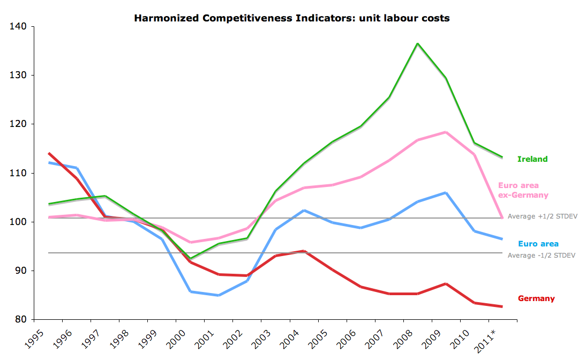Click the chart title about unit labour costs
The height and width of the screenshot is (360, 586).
[291, 18]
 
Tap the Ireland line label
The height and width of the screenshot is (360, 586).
[532, 159]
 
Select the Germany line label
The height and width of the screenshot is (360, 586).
[536, 298]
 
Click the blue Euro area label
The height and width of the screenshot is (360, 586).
[538, 244]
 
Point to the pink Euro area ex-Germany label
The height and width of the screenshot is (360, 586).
[523, 190]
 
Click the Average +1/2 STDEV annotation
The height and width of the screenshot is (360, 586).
[542, 216]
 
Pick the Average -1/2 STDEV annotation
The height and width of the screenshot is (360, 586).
[542, 255]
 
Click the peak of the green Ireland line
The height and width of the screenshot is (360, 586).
[417, 43]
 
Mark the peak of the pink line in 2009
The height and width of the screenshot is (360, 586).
[446, 132]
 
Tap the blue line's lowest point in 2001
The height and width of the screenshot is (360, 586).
[219, 295]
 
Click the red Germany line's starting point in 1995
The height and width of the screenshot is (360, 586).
[49, 153]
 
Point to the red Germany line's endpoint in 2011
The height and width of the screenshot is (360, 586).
[502, 306]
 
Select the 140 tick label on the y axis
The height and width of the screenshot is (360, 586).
[19, 26]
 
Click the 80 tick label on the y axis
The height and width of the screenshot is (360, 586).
[22, 319]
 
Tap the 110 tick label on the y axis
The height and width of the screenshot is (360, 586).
[19, 173]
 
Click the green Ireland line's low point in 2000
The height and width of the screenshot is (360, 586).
[191, 259]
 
